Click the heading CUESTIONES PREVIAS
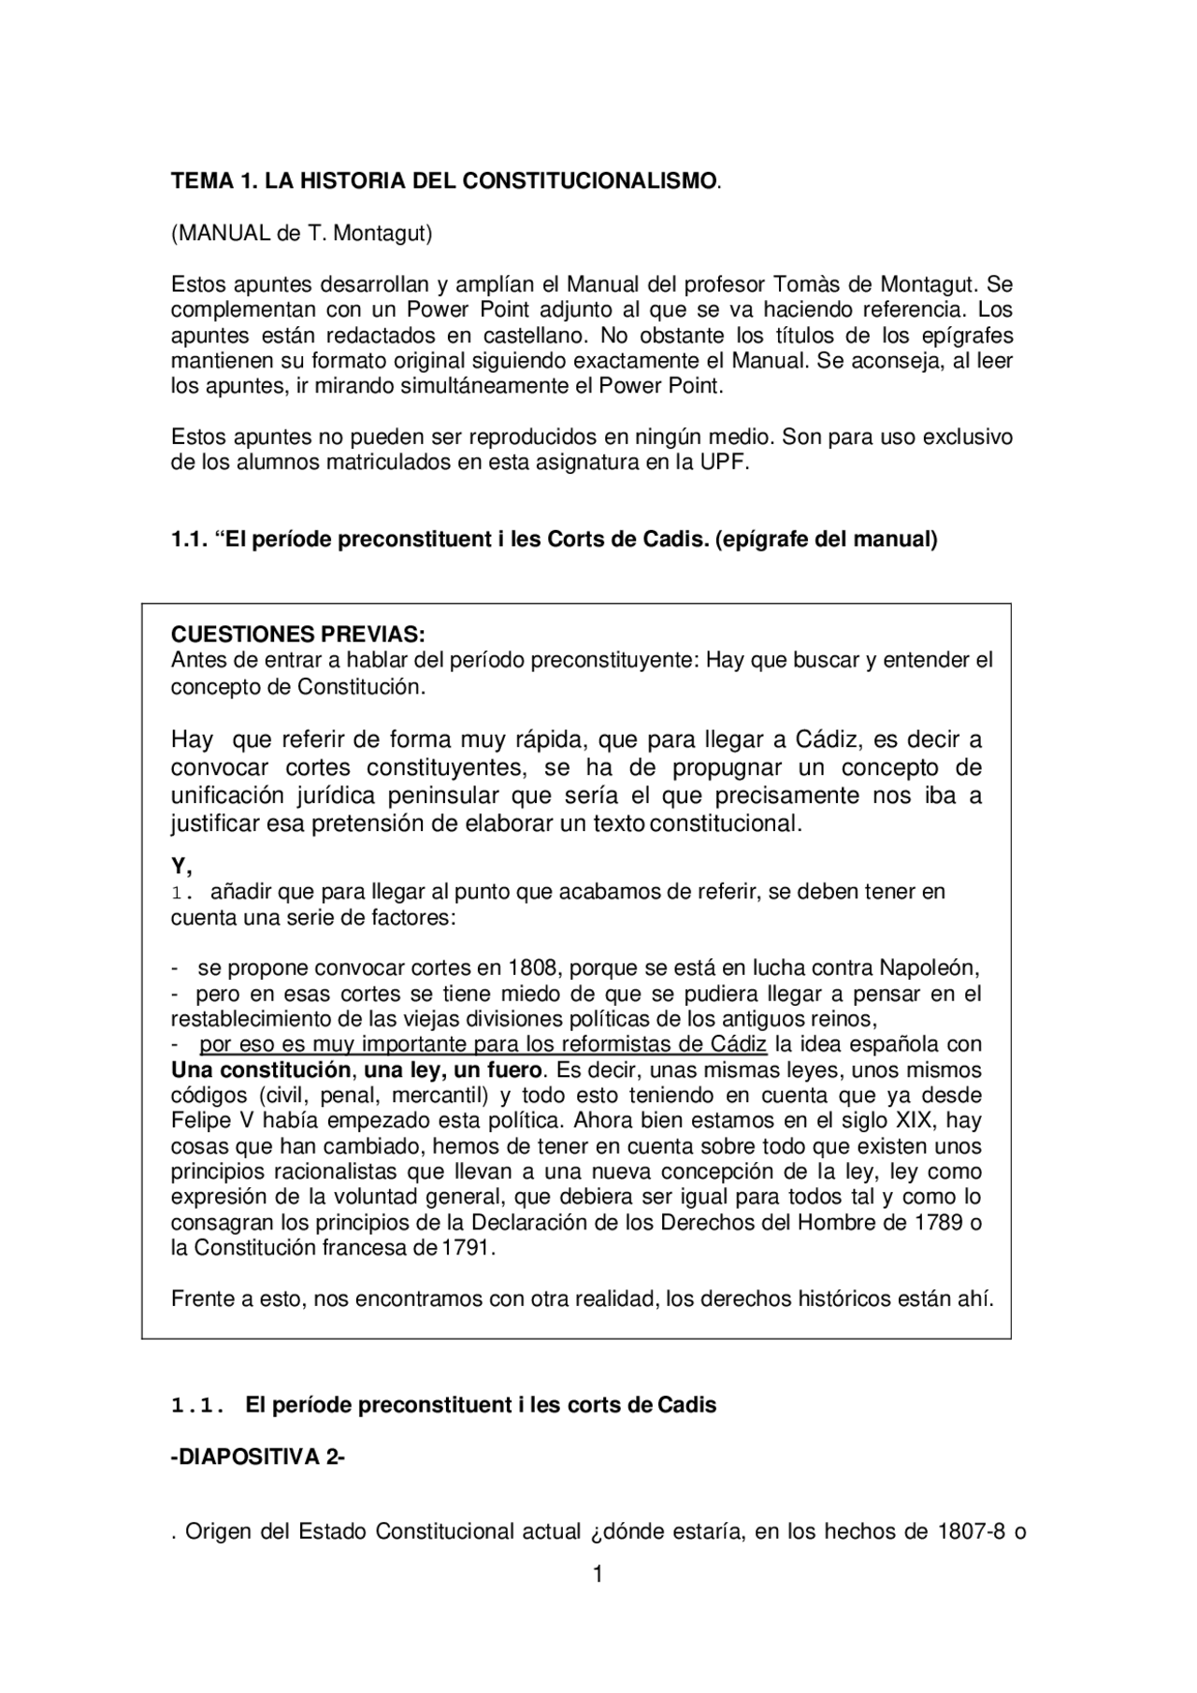tap(297, 635)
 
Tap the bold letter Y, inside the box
tap(180, 866)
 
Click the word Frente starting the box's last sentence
tap(200, 1299)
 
